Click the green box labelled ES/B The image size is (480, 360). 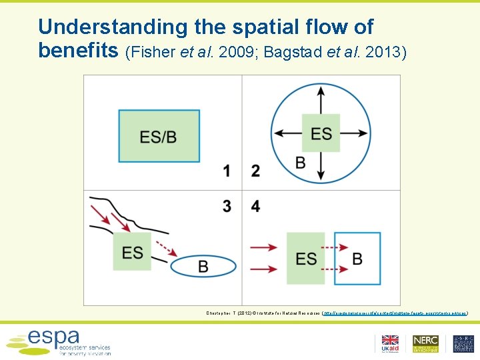159,136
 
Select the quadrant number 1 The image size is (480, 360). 227,171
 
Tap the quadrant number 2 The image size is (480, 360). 255,171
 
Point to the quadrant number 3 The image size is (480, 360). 227,207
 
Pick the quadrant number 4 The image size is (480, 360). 255,207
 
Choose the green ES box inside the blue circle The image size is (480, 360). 321,133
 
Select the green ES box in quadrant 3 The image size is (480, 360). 132,252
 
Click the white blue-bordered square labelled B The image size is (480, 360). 357,259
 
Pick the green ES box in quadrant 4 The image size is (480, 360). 306,259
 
